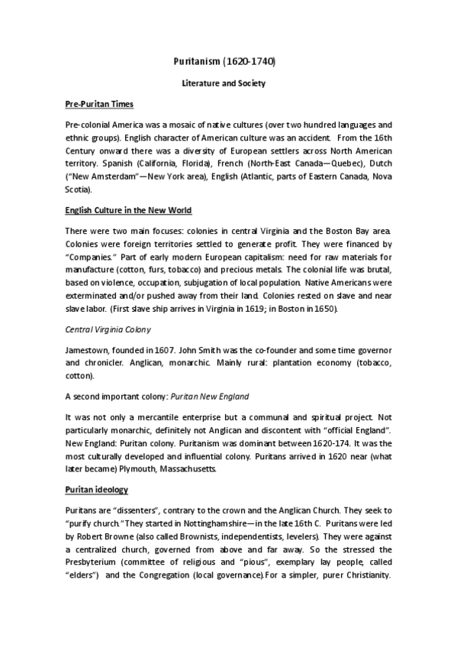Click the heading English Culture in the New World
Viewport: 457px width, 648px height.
click(128, 209)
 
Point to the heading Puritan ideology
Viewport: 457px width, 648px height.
click(96, 488)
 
